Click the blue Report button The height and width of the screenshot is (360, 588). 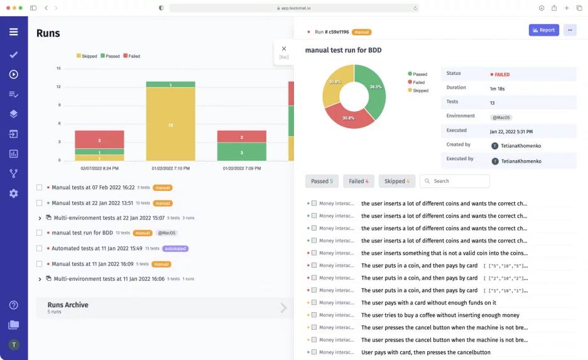point(543,30)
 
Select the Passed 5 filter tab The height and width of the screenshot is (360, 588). point(322,181)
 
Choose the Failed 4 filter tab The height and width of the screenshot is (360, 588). point(359,181)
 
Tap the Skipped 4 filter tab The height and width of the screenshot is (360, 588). point(396,181)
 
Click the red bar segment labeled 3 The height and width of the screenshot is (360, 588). point(99,139)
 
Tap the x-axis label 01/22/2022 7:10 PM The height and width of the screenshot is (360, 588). point(170,168)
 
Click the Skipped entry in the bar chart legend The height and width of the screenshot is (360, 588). point(87,56)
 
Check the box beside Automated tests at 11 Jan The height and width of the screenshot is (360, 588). point(40,249)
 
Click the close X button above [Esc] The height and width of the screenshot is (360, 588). point(284,48)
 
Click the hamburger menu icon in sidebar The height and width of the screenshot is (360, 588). point(13,32)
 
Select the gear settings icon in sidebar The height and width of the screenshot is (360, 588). point(13,194)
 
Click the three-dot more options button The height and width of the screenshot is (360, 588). point(570,30)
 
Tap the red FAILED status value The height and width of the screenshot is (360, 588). point(501,75)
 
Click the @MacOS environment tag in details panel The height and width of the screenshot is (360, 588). point(501,117)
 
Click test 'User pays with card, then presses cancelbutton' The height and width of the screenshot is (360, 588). point(425,352)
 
